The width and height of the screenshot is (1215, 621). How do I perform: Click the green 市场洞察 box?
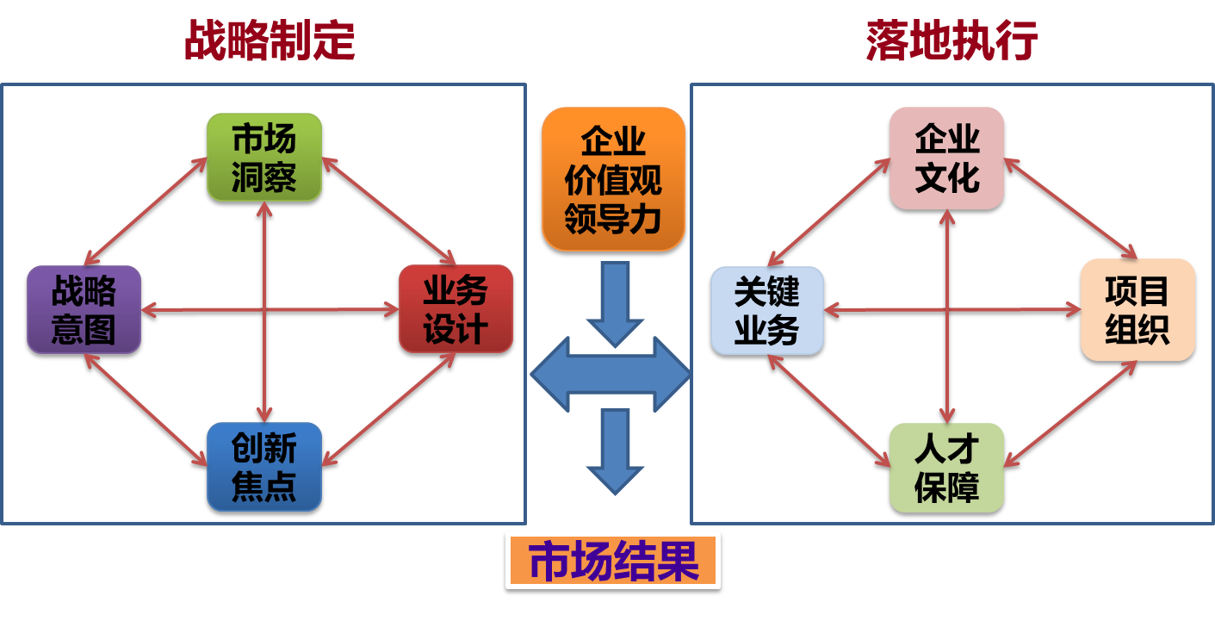pos(264,158)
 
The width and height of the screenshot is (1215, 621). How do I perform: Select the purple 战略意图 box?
pos(84,310)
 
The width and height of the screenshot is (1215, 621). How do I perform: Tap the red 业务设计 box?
pos(456,310)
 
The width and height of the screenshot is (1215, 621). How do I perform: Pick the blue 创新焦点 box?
pos(264,466)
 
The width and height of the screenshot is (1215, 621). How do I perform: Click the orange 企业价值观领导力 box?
pos(613,179)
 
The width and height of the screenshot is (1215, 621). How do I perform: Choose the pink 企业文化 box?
pos(946,158)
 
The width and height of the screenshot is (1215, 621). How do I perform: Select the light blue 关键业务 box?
pos(766,311)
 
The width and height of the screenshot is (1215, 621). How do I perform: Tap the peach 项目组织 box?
pos(1138,310)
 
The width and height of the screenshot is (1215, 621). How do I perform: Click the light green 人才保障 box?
pos(946,468)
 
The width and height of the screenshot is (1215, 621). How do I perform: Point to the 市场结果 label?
pos(613,561)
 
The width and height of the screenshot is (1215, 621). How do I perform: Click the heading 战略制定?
pos(270,40)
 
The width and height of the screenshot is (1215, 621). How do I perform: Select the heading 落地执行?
pos(952,40)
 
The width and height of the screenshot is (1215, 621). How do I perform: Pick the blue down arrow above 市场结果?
pos(615,450)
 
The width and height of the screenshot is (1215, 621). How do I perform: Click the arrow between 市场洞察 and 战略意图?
pos(146,212)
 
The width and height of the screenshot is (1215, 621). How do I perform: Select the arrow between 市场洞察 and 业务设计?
pos(387,211)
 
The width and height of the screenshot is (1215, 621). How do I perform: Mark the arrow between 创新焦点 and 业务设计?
pos(387,410)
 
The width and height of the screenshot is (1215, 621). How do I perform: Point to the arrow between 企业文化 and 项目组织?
pos(1070,208)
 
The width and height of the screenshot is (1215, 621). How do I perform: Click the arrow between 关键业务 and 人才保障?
pos(828,411)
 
